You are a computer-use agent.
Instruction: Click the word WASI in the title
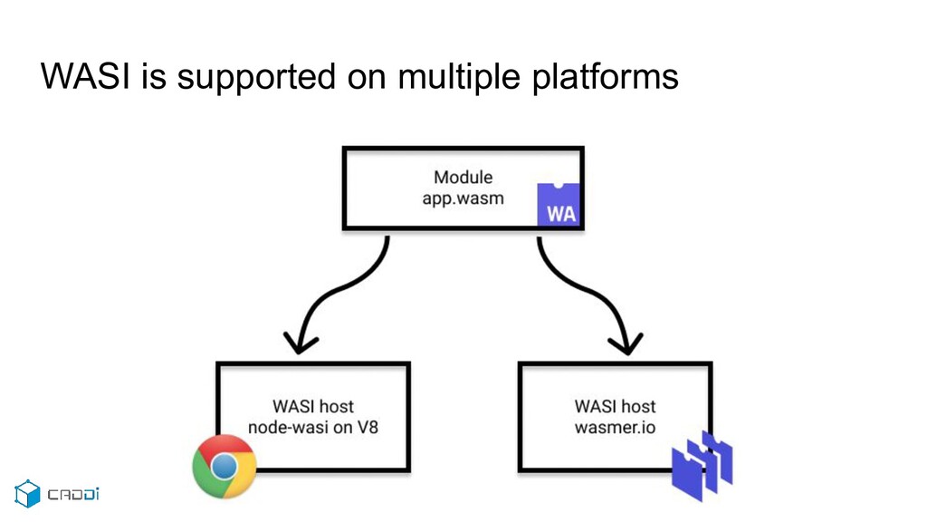point(86,76)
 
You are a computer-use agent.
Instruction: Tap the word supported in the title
point(256,79)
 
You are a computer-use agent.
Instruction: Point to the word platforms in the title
point(606,79)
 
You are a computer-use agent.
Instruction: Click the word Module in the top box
point(463,177)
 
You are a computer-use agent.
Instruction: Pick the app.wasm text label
point(463,198)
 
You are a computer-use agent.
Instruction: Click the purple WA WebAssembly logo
point(559,205)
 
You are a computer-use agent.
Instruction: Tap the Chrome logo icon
point(225,467)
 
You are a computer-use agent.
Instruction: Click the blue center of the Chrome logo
point(225,467)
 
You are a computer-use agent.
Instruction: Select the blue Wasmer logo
point(702,466)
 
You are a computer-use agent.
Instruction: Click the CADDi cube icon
point(27,494)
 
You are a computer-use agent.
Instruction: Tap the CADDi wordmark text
point(73,494)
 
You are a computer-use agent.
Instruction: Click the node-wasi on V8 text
point(312,428)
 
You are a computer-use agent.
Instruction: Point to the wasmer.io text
point(615,428)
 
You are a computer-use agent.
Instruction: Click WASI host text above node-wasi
point(312,407)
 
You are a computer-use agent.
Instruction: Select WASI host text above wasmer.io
point(615,407)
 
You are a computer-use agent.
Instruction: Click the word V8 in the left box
point(368,428)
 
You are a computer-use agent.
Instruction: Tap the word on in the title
point(367,79)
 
